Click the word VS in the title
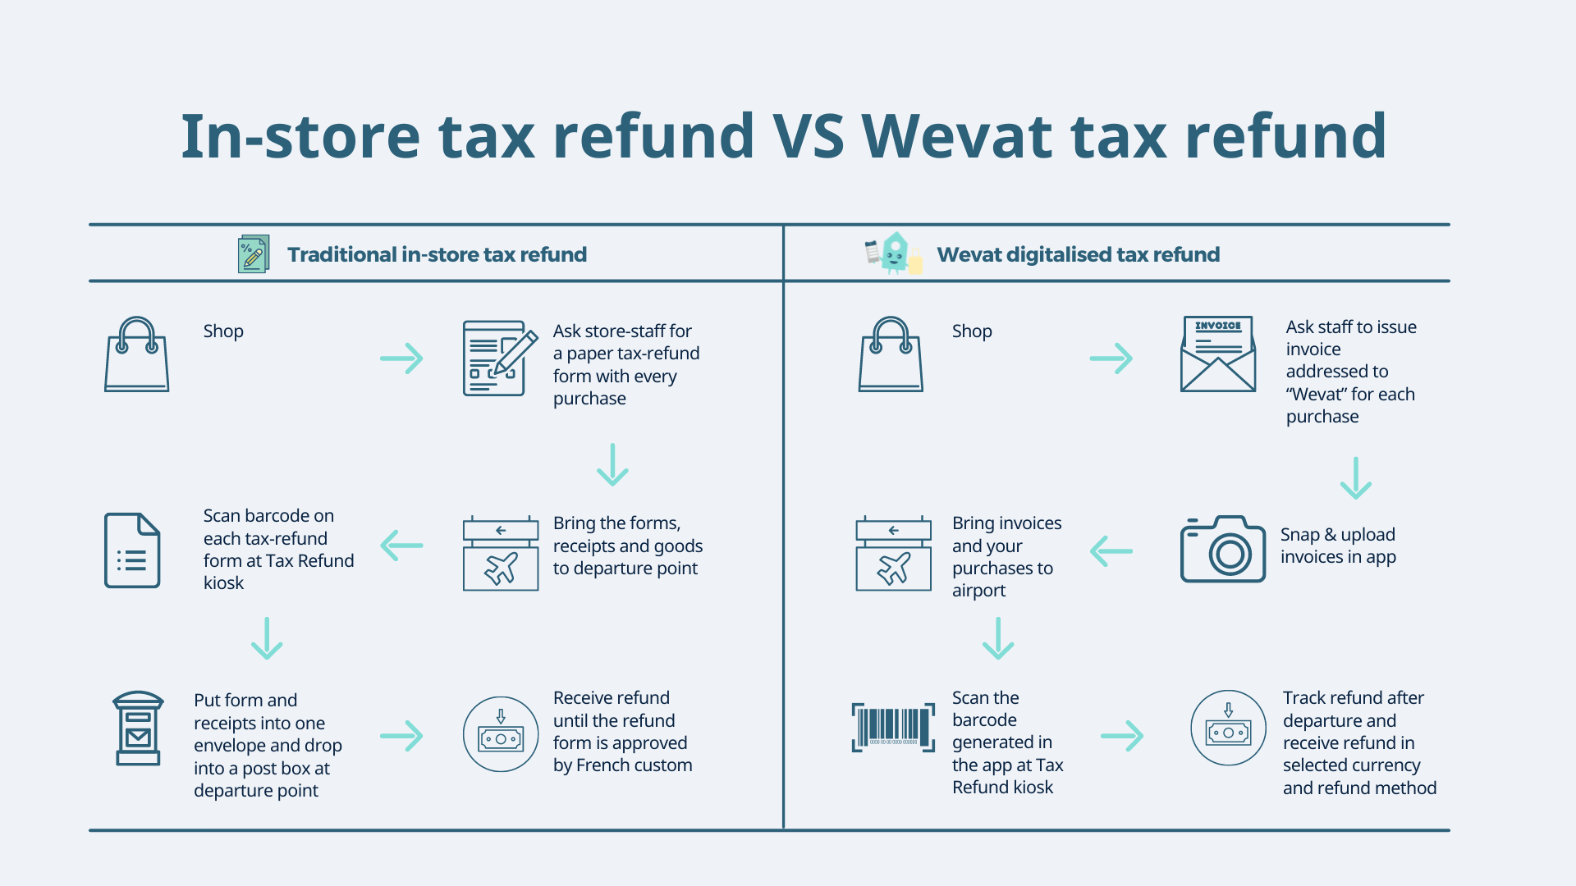[808, 136]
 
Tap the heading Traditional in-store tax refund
[437, 254]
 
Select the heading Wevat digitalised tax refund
[1078, 254]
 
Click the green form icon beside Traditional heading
[253, 254]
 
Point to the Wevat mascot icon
[894, 253]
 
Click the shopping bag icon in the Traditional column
[136, 354]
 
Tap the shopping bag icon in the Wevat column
[891, 354]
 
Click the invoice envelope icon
[1218, 354]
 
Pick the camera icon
[1222, 549]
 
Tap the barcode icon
[893, 727]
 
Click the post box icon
[138, 728]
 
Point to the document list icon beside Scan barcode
[132, 550]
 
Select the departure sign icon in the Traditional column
[501, 553]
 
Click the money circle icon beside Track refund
[1228, 728]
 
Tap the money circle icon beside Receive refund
[501, 734]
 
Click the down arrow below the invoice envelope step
[1355, 478]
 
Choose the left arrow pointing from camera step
[1111, 551]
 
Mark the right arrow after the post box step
[402, 736]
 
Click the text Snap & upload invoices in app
[1338, 546]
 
